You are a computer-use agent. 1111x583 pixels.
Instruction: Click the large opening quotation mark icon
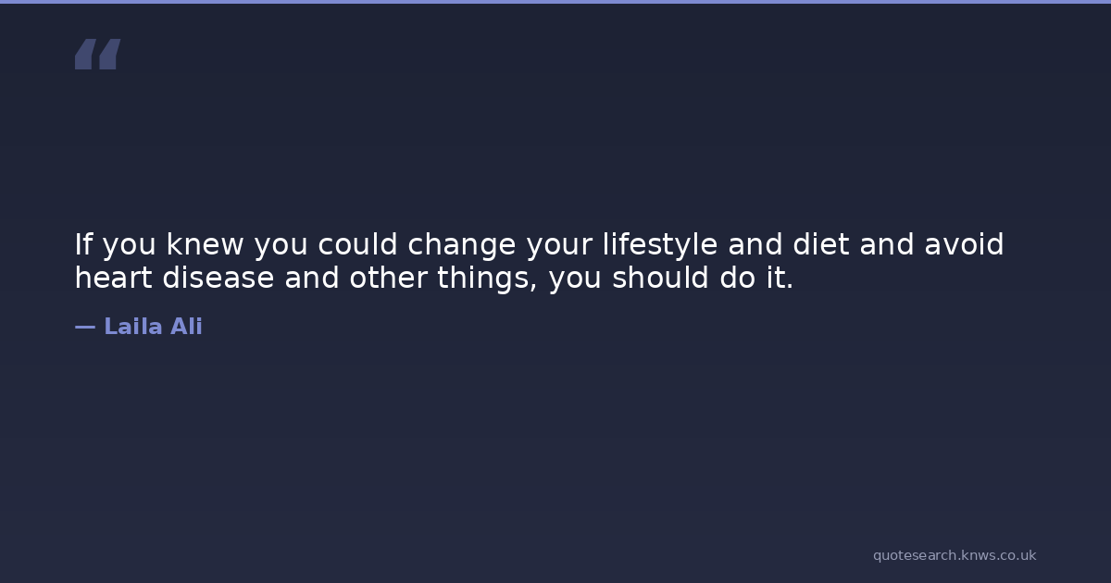pos(98,54)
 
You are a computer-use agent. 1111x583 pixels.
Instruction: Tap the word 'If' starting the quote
pos(83,244)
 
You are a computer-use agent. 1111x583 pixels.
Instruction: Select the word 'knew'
pos(205,244)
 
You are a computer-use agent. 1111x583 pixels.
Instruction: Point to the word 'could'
pos(357,244)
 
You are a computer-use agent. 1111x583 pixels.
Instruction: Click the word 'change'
pos(462,246)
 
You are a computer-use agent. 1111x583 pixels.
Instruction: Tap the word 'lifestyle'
pos(660,246)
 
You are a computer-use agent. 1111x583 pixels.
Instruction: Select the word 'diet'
pos(821,244)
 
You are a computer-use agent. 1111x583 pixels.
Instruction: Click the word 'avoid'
pos(964,244)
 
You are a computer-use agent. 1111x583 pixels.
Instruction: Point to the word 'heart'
pos(114,277)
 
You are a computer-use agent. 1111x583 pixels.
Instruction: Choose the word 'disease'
pos(218,277)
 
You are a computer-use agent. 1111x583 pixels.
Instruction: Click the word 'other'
pos(388,277)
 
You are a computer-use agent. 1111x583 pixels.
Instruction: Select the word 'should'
pos(660,277)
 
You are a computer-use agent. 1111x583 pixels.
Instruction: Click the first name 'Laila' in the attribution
pos(133,327)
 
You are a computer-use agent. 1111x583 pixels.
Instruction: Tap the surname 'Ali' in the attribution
pos(186,327)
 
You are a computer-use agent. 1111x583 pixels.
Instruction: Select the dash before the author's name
pos(85,328)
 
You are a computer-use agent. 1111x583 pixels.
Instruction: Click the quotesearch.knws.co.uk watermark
pos(955,556)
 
